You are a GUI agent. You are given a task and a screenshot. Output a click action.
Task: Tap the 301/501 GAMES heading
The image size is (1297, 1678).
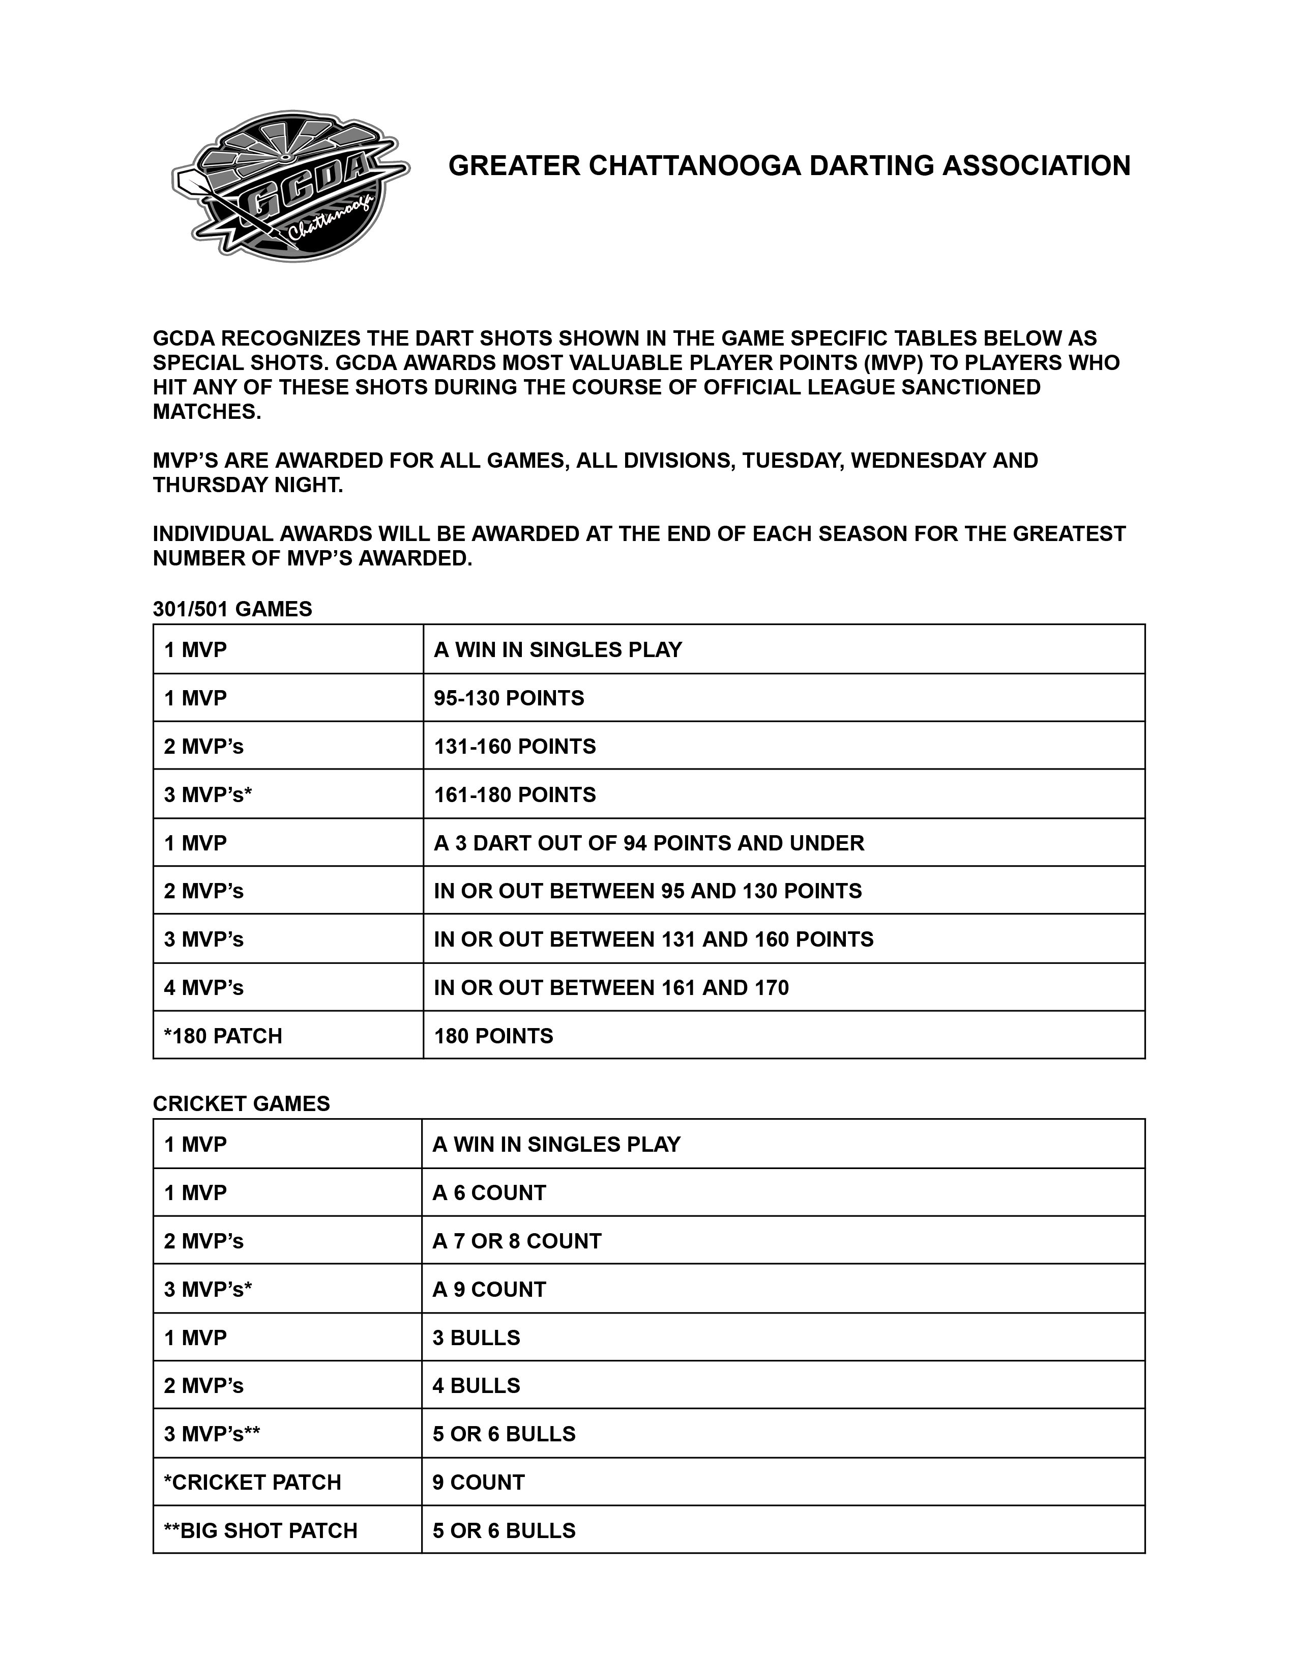click(232, 609)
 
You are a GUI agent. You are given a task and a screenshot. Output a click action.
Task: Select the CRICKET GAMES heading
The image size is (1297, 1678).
click(241, 1104)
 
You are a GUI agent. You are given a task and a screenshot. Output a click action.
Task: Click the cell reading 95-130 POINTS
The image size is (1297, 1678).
click(508, 698)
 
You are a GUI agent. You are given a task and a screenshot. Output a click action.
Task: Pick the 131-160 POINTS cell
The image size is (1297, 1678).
click(515, 747)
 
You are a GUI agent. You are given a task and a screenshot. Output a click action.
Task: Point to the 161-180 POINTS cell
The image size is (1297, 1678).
click(515, 795)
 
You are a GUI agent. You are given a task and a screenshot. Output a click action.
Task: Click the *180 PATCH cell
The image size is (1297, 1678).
click(223, 1036)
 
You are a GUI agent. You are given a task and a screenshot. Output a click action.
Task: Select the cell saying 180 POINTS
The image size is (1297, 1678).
click(493, 1036)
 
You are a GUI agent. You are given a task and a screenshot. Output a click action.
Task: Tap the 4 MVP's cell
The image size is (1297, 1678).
click(203, 988)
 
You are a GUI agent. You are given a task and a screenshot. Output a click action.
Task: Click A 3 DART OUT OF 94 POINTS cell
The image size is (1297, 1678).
click(649, 844)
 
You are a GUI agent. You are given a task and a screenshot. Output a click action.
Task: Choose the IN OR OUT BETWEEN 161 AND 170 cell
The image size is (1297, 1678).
click(611, 988)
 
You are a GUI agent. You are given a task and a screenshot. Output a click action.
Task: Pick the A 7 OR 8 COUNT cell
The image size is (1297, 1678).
click(517, 1242)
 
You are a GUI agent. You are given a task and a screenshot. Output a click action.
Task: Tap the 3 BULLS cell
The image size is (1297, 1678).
click(476, 1339)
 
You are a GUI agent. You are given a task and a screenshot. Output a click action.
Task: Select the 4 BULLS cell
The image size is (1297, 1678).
click(476, 1386)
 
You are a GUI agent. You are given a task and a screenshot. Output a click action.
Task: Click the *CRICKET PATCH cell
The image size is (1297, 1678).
click(253, 1483)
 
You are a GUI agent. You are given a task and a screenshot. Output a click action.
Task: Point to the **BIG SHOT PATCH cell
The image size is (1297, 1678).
click(260, 1531)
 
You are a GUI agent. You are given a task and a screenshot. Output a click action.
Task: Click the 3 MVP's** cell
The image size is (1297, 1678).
click(212, 1434)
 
